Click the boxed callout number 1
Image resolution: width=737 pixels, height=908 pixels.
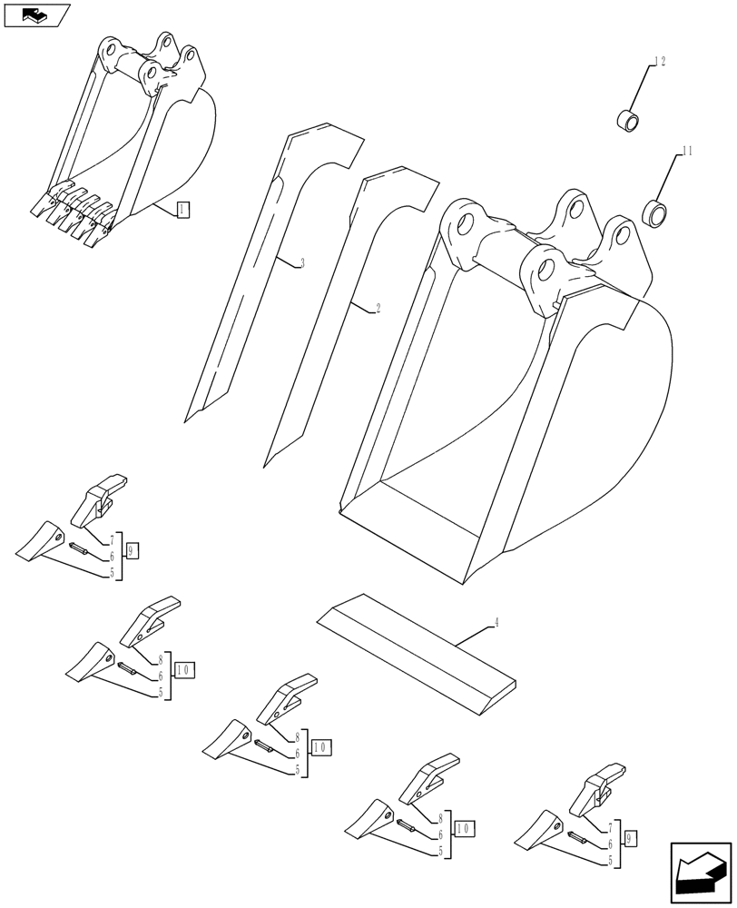pos(182,211)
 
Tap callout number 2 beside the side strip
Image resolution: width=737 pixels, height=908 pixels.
pos(377,309)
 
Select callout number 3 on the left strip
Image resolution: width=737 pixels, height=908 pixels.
pos(301,263)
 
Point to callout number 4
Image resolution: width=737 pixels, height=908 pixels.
pos(496,623)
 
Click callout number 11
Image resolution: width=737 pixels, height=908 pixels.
pos(686,152)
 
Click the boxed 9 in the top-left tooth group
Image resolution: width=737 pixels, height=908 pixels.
pos(132,550)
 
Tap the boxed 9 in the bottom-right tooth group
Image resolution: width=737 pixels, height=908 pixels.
pos(631,835)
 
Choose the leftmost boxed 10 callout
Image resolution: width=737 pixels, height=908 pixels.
pos(183,670)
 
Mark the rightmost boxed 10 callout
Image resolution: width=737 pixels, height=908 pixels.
pos(463,828)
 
